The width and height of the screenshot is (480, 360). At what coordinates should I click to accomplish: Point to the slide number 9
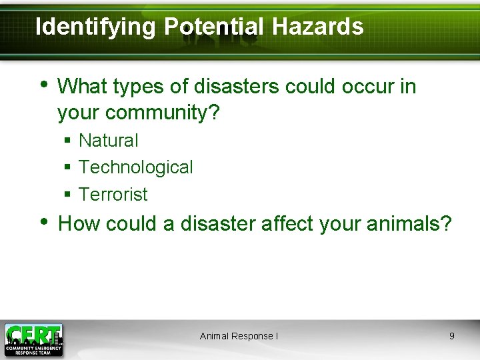point(451,336)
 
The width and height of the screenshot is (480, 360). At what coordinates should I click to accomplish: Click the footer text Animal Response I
point(239,336)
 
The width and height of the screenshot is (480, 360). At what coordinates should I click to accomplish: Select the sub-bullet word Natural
point(109,141)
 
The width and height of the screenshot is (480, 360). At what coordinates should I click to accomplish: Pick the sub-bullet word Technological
point(136,167)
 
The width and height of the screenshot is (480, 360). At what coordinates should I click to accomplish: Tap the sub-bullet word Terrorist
point(113,195)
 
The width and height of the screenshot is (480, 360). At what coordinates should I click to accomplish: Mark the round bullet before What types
point(43,85)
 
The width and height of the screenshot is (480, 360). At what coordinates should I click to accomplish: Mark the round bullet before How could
point(43,222)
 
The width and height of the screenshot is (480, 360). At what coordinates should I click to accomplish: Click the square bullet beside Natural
point(67,141)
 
